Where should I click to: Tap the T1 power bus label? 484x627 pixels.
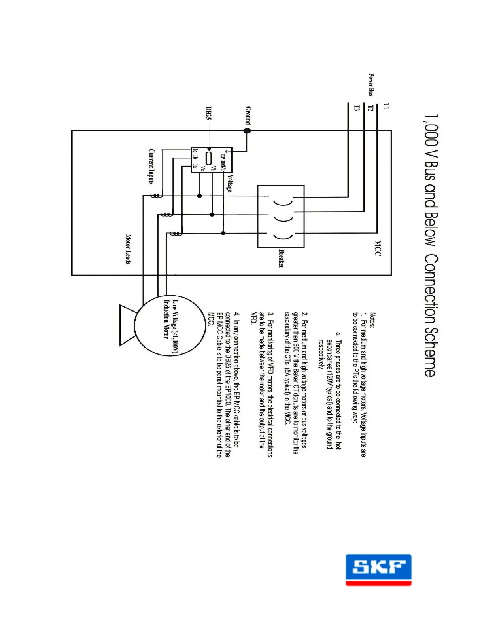[x=386, y=106]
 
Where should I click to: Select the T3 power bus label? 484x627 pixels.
[x=357, y=108]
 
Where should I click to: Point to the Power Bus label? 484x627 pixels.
[x=371, y=84]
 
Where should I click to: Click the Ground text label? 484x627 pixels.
[x=248, y=115]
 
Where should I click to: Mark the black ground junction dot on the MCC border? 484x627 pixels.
[x=247, y=131]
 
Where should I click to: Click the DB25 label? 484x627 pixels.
[x=208, y=113]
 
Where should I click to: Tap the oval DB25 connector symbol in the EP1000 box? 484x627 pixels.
[x=208, y=158]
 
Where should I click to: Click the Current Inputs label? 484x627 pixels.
[x=151, y=166]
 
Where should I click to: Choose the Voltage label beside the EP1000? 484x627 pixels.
[x=229, y=183]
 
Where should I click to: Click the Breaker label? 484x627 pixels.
[x=281, y=258]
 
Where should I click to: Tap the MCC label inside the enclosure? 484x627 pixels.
[x=378, y=248]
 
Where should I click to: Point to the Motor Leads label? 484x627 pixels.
[x=128, y=249]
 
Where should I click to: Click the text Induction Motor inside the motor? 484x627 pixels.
[x=166, y=319]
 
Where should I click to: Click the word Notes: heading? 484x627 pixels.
[x=372, y=320]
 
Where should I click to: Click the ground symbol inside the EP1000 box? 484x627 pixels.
[x=227, y=151]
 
